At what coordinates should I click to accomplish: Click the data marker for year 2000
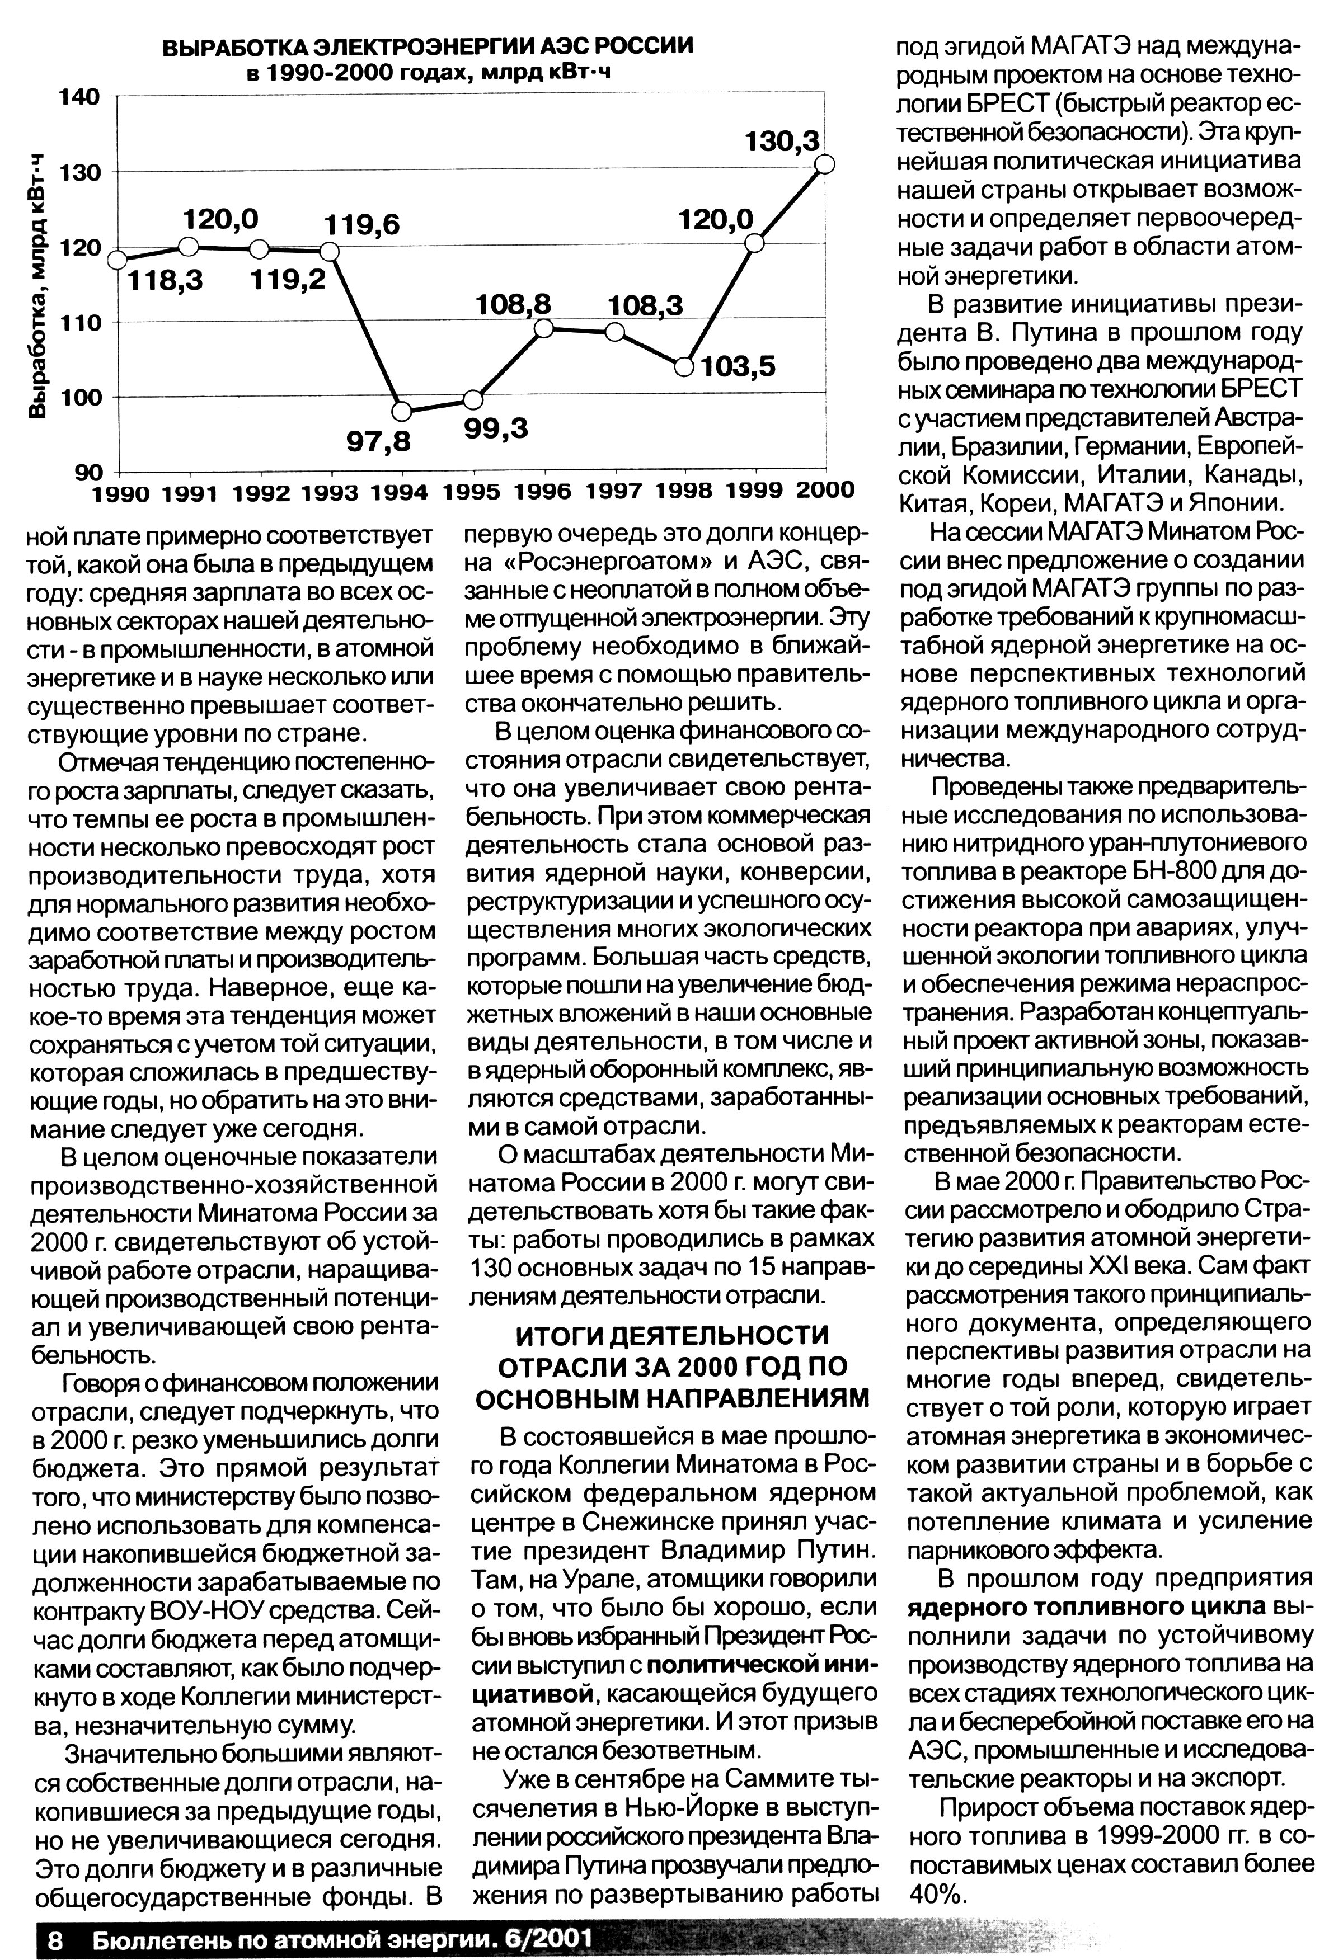click(825, 164)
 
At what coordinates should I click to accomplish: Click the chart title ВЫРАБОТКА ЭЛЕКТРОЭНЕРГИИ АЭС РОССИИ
click(427, 45)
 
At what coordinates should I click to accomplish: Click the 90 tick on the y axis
click(90, 470)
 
